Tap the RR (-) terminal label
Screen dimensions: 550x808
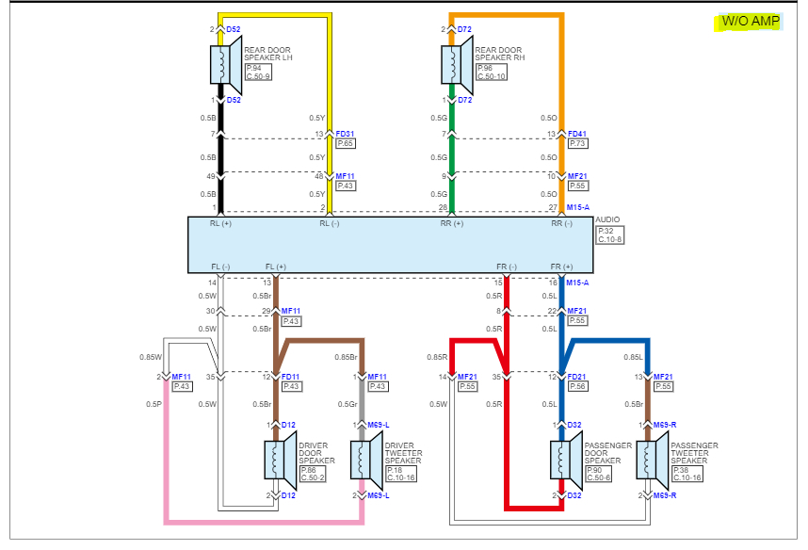click(561, 224)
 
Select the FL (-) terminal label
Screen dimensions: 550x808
click(221, 267)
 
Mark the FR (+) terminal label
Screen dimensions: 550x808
click(561, 267)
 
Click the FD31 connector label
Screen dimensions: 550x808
click(346, 134)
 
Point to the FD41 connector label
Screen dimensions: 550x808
click(577, 134)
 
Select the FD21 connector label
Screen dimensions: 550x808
click(577, 376)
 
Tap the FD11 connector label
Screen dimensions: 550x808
click(291, 376)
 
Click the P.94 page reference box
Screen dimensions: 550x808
click(252, 68)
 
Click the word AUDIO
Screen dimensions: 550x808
click(608, 219)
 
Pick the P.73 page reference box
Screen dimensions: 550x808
click(577, 143)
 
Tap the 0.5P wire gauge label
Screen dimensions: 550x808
click(154, 404)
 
